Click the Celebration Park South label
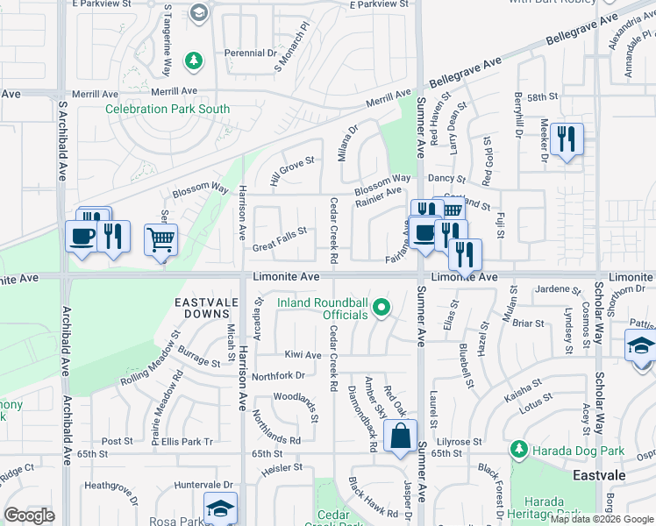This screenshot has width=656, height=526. (x=168, y=110)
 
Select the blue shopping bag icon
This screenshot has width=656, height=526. (x=400, y=436)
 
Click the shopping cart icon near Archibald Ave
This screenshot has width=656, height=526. (x=160, y=238)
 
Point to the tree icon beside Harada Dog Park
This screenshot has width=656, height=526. (x=518, y=450)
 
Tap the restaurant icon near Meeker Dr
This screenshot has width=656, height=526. (x=567, y=139)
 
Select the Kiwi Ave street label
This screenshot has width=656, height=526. (x=303, y=355)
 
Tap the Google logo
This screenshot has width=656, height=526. (x=29, y=515)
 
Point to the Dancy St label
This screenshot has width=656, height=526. (x=446, y=178)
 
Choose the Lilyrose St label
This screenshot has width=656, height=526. (x=455, y=442)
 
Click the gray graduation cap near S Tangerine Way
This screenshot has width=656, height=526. (x=200, y=12)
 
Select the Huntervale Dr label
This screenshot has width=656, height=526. (x=203, y=484)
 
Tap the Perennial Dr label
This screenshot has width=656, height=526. (x=250, y=53)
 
